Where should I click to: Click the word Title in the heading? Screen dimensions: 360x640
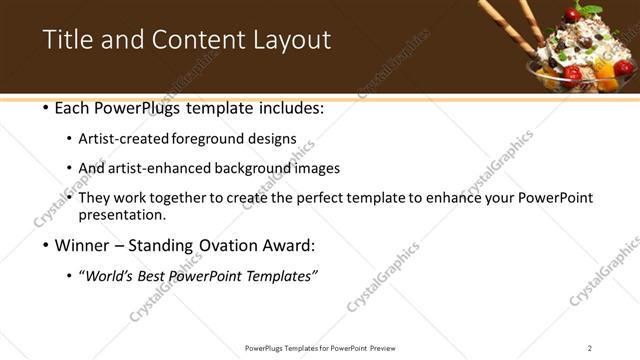[67, 40]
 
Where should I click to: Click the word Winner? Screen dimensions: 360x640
[83, 245]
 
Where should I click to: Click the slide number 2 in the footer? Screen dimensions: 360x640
[589, 348]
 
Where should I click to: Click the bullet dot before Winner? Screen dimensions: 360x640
[46, 245]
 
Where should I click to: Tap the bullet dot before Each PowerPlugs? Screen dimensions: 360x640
[46, 107]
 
